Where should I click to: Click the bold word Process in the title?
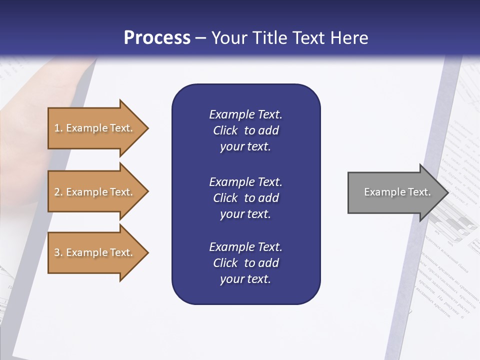tap(157, 38)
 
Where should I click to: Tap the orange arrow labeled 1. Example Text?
tap(95, 128)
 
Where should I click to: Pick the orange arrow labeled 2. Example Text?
tap(95, 192)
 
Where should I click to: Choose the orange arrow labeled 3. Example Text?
tap(95, 252)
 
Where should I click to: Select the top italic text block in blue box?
tap(245, 130)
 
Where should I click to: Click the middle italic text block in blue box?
tap(245, 198)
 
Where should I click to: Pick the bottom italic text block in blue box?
tap(245, 263)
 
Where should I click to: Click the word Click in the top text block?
tap(225, 130)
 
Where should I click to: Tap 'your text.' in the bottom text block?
tap(245, 279)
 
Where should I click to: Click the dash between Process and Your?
tap(201, 38)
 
